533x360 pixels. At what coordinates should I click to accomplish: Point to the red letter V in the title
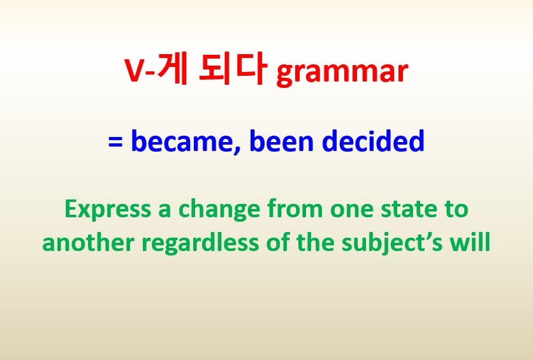[x=135, y=71]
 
